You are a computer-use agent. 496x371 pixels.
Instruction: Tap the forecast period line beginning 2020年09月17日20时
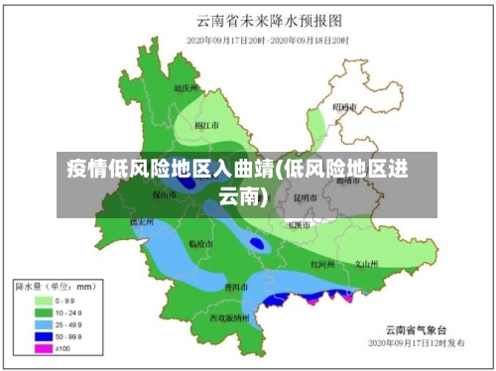point(268,40)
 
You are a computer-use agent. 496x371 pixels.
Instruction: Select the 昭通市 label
point(343,106)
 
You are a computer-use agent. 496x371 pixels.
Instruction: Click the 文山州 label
point(367,264)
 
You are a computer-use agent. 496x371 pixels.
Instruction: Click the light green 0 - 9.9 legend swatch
point(45,299)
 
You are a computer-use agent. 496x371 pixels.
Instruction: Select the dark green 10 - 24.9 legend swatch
point(45,311)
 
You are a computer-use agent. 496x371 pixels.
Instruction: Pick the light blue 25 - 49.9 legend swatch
point(45,324)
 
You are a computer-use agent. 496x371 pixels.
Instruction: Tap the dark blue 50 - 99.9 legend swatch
point(45,337)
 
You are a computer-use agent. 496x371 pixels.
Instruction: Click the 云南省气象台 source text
point(417,329)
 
